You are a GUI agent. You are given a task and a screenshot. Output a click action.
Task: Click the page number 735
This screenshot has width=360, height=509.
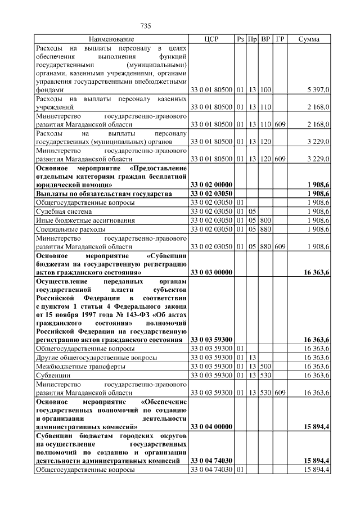tap(146, 26)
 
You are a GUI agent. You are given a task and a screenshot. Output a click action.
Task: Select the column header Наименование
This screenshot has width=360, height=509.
tap(111, 39)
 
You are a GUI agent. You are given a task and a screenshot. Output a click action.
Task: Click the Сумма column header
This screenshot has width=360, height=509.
tap(309, 39)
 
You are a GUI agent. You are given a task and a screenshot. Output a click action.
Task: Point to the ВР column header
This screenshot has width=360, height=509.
tap(266, 39)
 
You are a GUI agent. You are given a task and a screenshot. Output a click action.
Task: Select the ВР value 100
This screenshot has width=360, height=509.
tap(266, 89)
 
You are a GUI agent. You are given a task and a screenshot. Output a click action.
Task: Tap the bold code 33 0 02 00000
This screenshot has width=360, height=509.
tap(211, 184)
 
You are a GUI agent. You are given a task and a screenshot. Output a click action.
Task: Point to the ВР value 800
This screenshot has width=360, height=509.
tap(266, 221)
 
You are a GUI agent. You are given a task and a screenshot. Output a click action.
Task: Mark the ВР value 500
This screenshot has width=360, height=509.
tap(266, 366)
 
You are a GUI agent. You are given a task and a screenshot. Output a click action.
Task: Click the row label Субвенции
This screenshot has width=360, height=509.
tap(53, 375)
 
